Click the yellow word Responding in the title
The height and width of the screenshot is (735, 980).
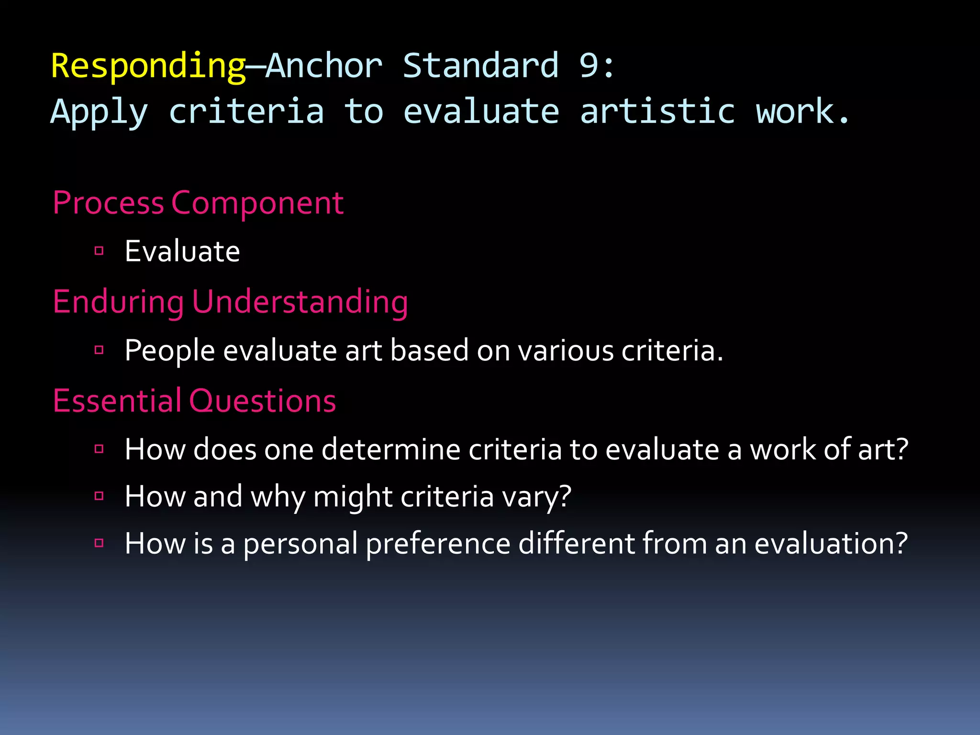(x=148, y=66)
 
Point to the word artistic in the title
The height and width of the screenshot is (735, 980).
(x=657, y=111)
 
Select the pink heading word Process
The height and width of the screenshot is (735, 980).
(x=108, y=203)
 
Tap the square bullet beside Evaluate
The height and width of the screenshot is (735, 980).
(x=99, y=251)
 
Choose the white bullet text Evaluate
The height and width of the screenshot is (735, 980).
(x=182, y=251)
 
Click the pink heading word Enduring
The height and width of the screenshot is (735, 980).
(x=118, y=302)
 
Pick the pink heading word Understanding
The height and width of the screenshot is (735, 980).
(x=300, y=302)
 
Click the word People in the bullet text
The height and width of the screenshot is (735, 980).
(x=169, y=351)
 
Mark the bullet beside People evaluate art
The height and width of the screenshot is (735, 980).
(x=99, y=350)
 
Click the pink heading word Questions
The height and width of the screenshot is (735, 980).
(x=263, y=401)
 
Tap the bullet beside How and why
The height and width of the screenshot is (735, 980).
(x=99, y=496)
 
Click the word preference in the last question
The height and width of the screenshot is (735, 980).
(x=438, y=544)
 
